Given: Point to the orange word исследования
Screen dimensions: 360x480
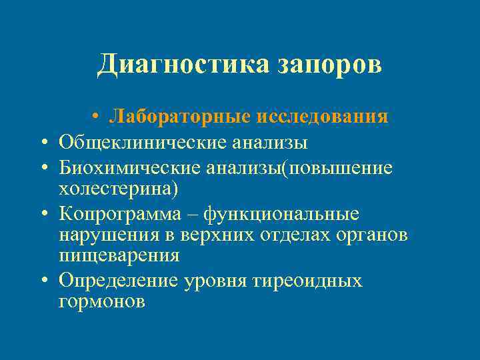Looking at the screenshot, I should click(x=321, y=117).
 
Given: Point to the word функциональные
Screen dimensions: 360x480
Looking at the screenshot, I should click(x=281, y=214).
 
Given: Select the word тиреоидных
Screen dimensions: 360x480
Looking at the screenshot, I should click(x=307, y=281).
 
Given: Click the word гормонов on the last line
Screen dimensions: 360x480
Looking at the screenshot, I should click(x=101, y=302).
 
